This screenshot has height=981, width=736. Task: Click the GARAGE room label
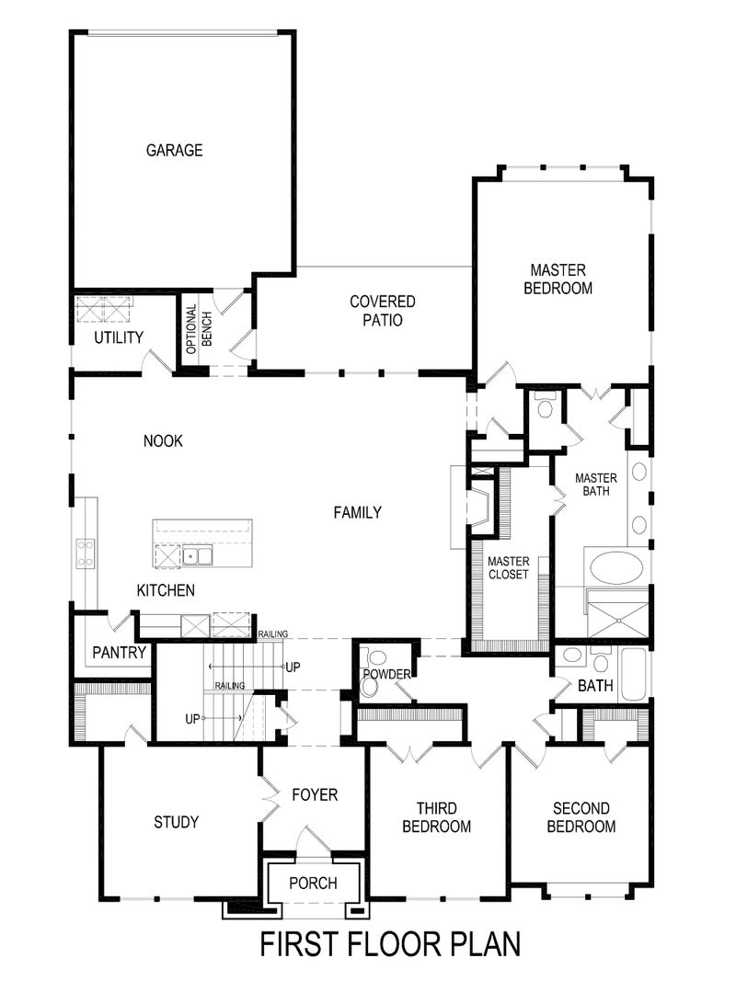(x=174, y=150)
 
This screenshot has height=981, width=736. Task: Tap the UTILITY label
(x=119, y=337)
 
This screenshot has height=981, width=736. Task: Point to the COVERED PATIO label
(x=383, y=311)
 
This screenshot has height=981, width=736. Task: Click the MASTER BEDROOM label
(x=558, y=279)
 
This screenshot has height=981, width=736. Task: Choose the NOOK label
(x=163, y=441)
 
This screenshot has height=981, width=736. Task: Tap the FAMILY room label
(x=357, y=513)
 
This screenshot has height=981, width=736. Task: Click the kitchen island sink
(x=197, y=555)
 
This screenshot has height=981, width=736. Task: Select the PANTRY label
(x=120, y=653)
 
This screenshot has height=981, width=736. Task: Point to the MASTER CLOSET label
(x=508, y=567)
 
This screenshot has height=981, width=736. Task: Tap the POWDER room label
(x=385, y=675)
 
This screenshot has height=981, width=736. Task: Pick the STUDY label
(x=176, y=822)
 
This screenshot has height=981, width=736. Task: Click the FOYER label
(x=315, y=794)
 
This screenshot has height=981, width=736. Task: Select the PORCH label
(x=313, y=884)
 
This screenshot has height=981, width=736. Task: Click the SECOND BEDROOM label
(x=581, y=817)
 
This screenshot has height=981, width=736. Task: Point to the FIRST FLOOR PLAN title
(x=390, y=944)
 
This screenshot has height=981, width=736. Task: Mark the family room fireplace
(x=478, y=507)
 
